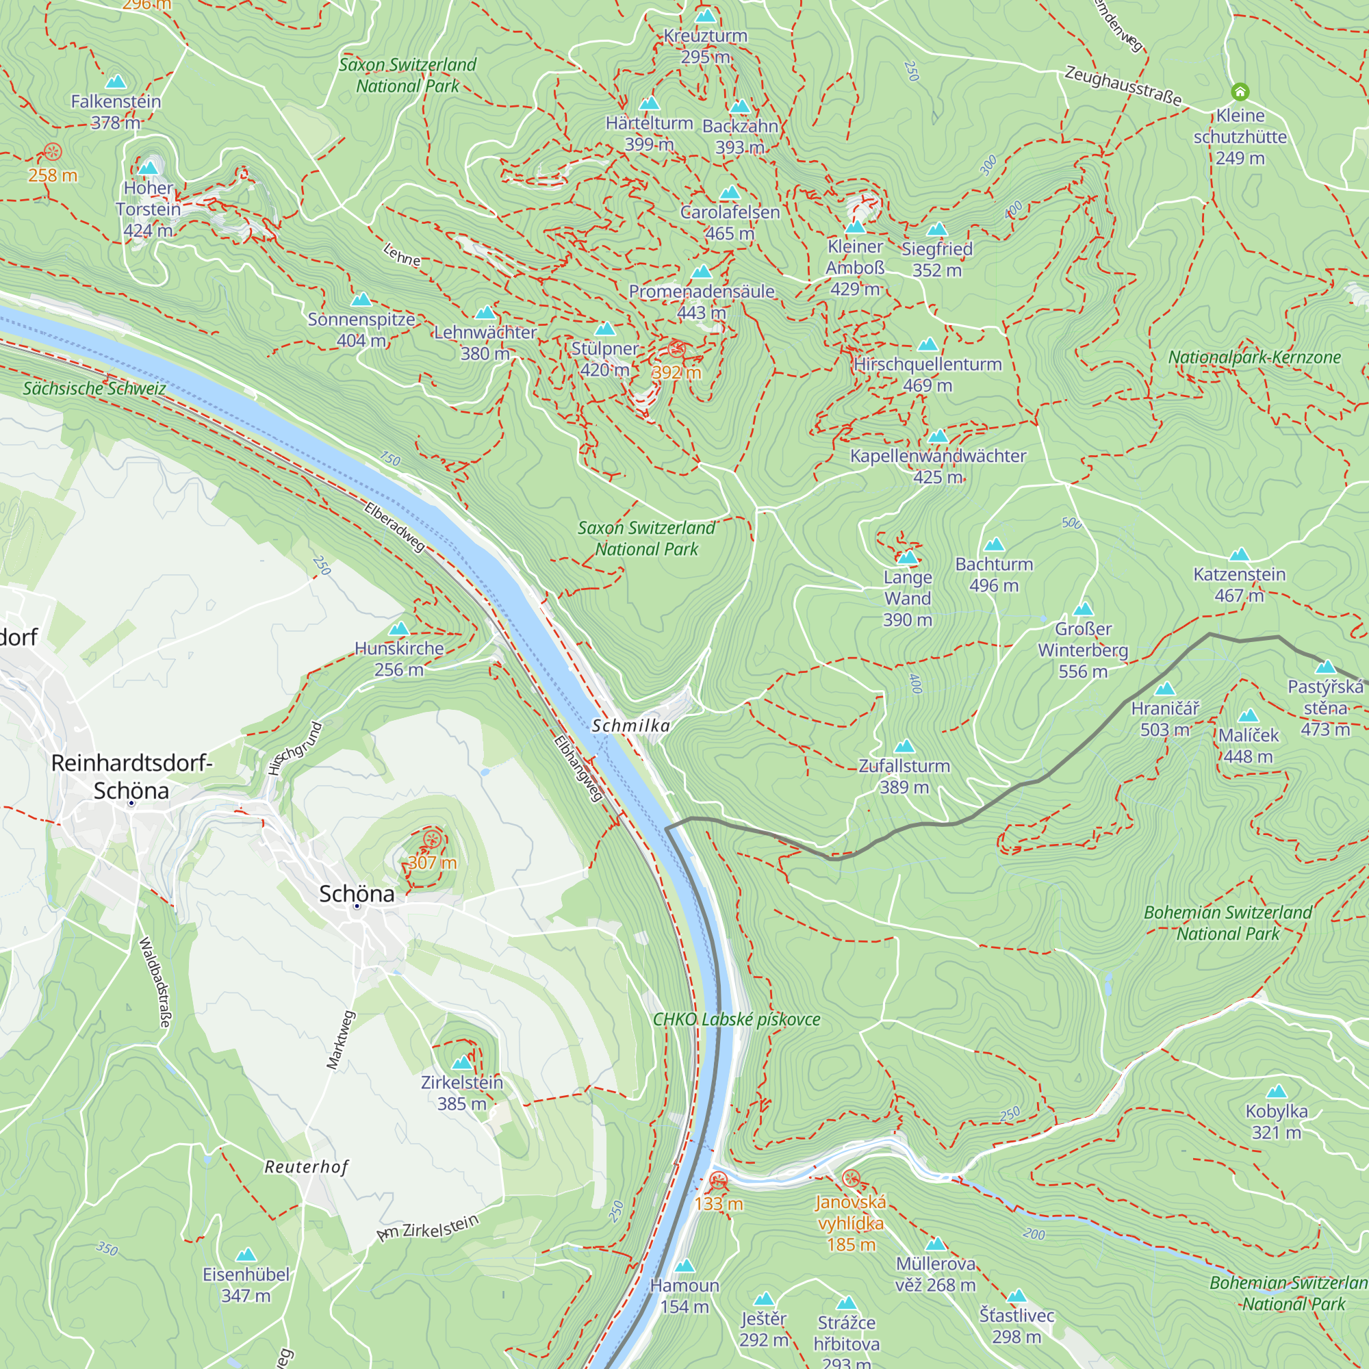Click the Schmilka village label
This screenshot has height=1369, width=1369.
[x=630, y=726]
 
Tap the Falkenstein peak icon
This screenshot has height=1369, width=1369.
[x=116, y=81]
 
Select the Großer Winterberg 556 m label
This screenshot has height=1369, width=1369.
[x=1083, y=650]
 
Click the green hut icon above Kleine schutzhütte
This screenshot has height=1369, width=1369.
[x=1240, y=92]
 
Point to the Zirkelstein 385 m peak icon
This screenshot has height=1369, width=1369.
[x=462, y=1062]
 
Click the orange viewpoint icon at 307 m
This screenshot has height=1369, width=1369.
[x=432, y=841]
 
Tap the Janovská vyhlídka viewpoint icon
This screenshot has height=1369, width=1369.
[x=851, y=1179]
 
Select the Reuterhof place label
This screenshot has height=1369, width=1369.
[x=306, y=1167]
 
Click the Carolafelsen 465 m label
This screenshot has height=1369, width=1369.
[x=730, y=222]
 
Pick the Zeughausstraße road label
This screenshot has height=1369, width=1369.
[x=1123, y=86]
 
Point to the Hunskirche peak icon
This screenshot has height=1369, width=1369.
[x=400, y=628]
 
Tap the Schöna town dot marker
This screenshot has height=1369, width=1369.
[x=357, y=906]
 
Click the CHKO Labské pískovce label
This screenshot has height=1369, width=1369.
[x=737, y=1020]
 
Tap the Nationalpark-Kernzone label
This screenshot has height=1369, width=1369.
[x=1254, y=358]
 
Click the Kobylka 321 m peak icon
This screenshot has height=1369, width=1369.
[x=1276, y=1091]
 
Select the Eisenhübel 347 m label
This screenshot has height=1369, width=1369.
[x=246, y=1285]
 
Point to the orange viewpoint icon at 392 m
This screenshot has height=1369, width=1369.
[x=677, y=348]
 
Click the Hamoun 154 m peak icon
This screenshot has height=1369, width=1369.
[x=684, y=1266]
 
